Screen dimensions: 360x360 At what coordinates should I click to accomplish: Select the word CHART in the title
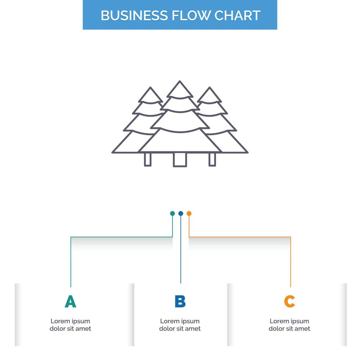(x=238, y=15)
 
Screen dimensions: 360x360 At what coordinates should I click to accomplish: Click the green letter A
(x=70, y=302)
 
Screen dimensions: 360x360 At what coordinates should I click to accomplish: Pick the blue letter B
(x=180, y=302)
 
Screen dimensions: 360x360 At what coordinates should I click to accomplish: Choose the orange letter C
(x=289, y=302)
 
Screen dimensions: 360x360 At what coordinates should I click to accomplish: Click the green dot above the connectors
(x=172, y=213)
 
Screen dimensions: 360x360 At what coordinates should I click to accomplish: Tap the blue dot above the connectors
(x=180, y=213)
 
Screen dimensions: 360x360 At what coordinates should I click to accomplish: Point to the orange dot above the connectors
(x=189, y=213)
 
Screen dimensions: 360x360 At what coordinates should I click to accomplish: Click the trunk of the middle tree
(x=180, y=159)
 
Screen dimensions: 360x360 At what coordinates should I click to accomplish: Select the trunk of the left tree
(x=148, y=159)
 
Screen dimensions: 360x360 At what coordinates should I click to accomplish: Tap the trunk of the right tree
(x=212, y=159)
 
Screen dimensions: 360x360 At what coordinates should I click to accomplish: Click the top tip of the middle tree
(x=179, y=82)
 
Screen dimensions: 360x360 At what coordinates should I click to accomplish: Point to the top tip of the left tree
(x=150, y=88)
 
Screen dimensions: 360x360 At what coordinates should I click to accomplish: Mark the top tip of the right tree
(x=209, y=88)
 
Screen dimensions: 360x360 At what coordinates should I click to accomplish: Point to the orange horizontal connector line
(x=239, y=237)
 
